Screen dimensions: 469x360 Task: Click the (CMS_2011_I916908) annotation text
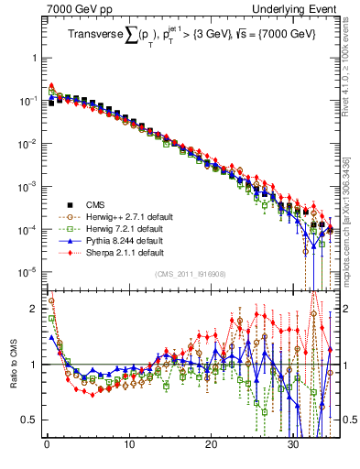(x=191, y=274)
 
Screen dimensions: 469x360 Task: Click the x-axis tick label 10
(x=128, y=445)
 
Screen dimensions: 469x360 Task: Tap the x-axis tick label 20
(x=211, y=445)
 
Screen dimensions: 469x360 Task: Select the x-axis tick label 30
(x=293, y=445)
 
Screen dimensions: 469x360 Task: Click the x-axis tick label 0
(x=47, y=445)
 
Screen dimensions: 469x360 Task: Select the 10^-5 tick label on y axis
(x=29, y=271)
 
